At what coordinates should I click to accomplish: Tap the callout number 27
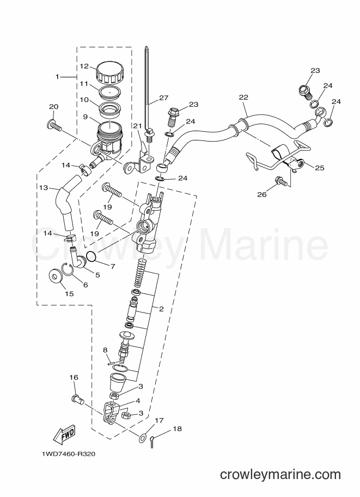164,98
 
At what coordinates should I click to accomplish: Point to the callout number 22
243,97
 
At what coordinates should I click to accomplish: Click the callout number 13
44,187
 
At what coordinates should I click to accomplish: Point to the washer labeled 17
142,435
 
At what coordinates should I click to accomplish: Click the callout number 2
161,309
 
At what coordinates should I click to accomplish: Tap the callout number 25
319,168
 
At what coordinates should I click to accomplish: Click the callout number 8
106,349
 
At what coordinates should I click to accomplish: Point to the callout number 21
137,126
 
